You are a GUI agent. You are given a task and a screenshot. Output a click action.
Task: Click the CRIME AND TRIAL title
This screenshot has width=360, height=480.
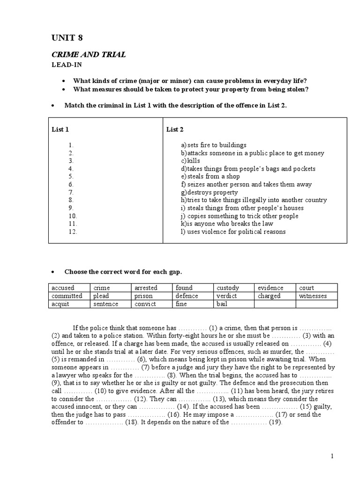(x=89, y=55)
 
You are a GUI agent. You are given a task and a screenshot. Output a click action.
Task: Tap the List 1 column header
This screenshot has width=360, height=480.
(x=60, y=130)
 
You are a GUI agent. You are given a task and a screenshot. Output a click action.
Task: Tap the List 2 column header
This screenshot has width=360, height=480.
(x=175, y=130)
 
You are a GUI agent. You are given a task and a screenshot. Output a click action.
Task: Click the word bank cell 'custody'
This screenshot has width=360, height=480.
(x=228, y=288)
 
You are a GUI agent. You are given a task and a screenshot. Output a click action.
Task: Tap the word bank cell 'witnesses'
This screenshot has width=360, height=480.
(x=312, y=296)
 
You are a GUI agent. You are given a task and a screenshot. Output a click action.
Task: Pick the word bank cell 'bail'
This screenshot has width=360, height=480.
(x=222, y=304)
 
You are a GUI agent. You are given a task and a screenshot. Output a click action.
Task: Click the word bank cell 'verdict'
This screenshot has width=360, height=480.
(x=227, y=296)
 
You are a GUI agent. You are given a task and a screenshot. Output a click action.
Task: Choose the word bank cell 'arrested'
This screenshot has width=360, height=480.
(x=146, y=288)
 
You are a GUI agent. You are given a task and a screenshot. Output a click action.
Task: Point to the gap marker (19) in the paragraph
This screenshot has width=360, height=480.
(x=275, y=422)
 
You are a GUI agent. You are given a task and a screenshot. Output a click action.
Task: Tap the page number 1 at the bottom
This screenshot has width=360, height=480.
(x=332, y=456)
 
